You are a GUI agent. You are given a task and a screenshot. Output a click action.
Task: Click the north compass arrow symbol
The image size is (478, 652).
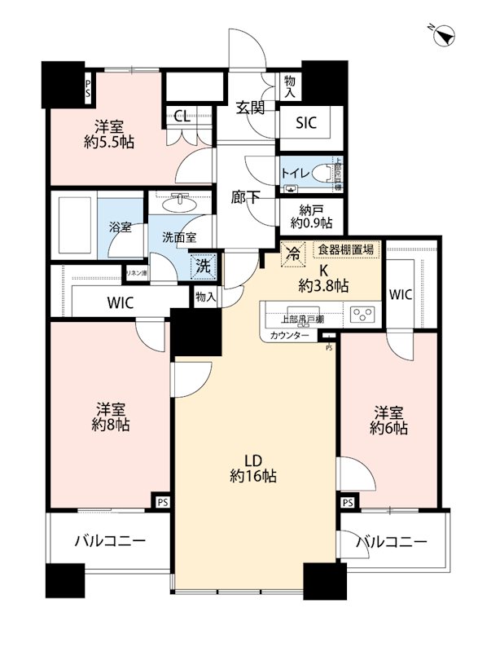point(447,35)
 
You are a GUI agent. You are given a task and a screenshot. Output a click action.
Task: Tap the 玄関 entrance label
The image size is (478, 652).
point(250,107)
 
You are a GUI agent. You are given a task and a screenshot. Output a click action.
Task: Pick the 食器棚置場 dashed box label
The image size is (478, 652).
point(345,250)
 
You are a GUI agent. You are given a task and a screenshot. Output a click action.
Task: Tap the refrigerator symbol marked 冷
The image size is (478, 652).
point(290,253)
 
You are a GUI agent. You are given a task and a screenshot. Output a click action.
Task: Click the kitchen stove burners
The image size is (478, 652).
point(361,314)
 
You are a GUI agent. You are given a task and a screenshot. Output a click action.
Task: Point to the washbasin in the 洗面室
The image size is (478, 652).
point(181,200)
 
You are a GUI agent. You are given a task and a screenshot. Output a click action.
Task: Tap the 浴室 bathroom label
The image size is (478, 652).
point(121,227)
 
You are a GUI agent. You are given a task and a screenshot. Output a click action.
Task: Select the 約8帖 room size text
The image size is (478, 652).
point(110,425)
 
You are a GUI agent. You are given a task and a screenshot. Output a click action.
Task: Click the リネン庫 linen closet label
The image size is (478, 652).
point(135,273)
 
